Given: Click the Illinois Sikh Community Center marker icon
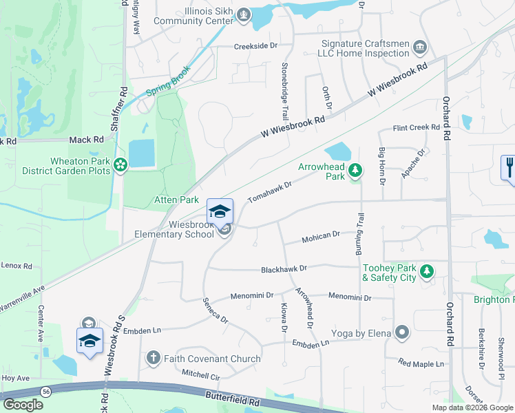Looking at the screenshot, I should [242, 15].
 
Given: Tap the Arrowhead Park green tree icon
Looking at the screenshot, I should [355, 170].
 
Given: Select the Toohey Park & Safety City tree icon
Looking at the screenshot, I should [427, 271].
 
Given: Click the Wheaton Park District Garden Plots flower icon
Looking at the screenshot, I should [121, 164].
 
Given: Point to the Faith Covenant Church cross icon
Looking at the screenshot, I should [153, 358].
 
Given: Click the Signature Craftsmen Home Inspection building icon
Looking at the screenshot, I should [419, 47].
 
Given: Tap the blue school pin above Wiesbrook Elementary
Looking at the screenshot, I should [220, 210].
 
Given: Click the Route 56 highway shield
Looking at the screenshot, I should [45, 390].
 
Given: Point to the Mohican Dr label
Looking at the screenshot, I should [322, 237].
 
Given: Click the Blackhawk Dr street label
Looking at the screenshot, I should [283, 268].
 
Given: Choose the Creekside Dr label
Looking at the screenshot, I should [255, 45].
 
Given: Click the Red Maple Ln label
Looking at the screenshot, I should [421, 363].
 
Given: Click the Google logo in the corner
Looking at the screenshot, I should [23, 405].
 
